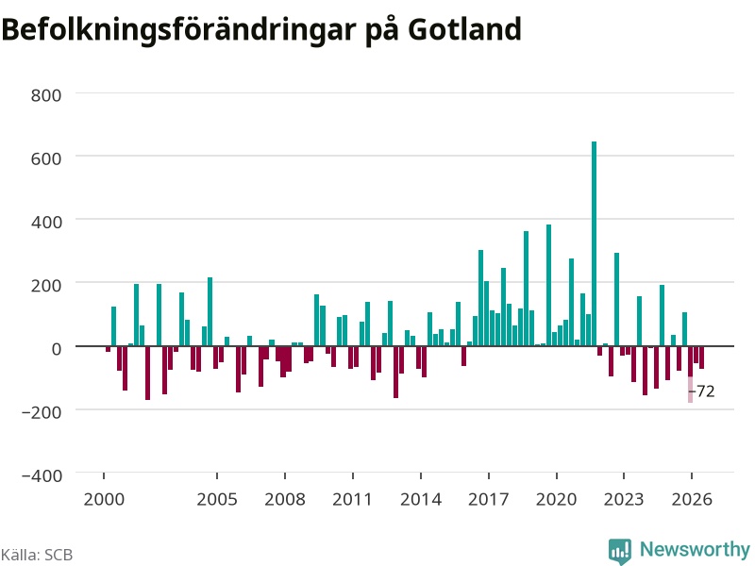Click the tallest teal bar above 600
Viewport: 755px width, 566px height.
[594, 243]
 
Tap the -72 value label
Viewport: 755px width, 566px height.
[702, 391]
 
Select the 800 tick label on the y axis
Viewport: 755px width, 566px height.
[46, 95]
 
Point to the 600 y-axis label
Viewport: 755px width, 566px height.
[46, 158]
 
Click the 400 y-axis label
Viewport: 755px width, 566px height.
[46, 222]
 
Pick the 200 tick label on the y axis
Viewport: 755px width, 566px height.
[46, 286]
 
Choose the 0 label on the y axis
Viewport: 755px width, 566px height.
[57, 348]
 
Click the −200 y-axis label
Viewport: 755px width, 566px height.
[42, 412]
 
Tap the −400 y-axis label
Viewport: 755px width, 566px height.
[42, 475]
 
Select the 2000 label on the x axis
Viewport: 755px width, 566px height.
[104, 499]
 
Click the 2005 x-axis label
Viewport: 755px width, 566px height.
[217, 499]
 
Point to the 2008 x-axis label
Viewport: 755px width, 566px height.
[285, 499]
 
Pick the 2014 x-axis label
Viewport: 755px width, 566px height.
[421, 499]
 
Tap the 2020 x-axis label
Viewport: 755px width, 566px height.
[557, 499]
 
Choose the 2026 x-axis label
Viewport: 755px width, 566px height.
[692, 499]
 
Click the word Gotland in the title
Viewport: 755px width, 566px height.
[465, 29]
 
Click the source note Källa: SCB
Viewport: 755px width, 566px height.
[37, 555]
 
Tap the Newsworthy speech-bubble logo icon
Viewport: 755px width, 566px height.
[620, 551]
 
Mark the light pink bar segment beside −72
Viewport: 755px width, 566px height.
[691, 390]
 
